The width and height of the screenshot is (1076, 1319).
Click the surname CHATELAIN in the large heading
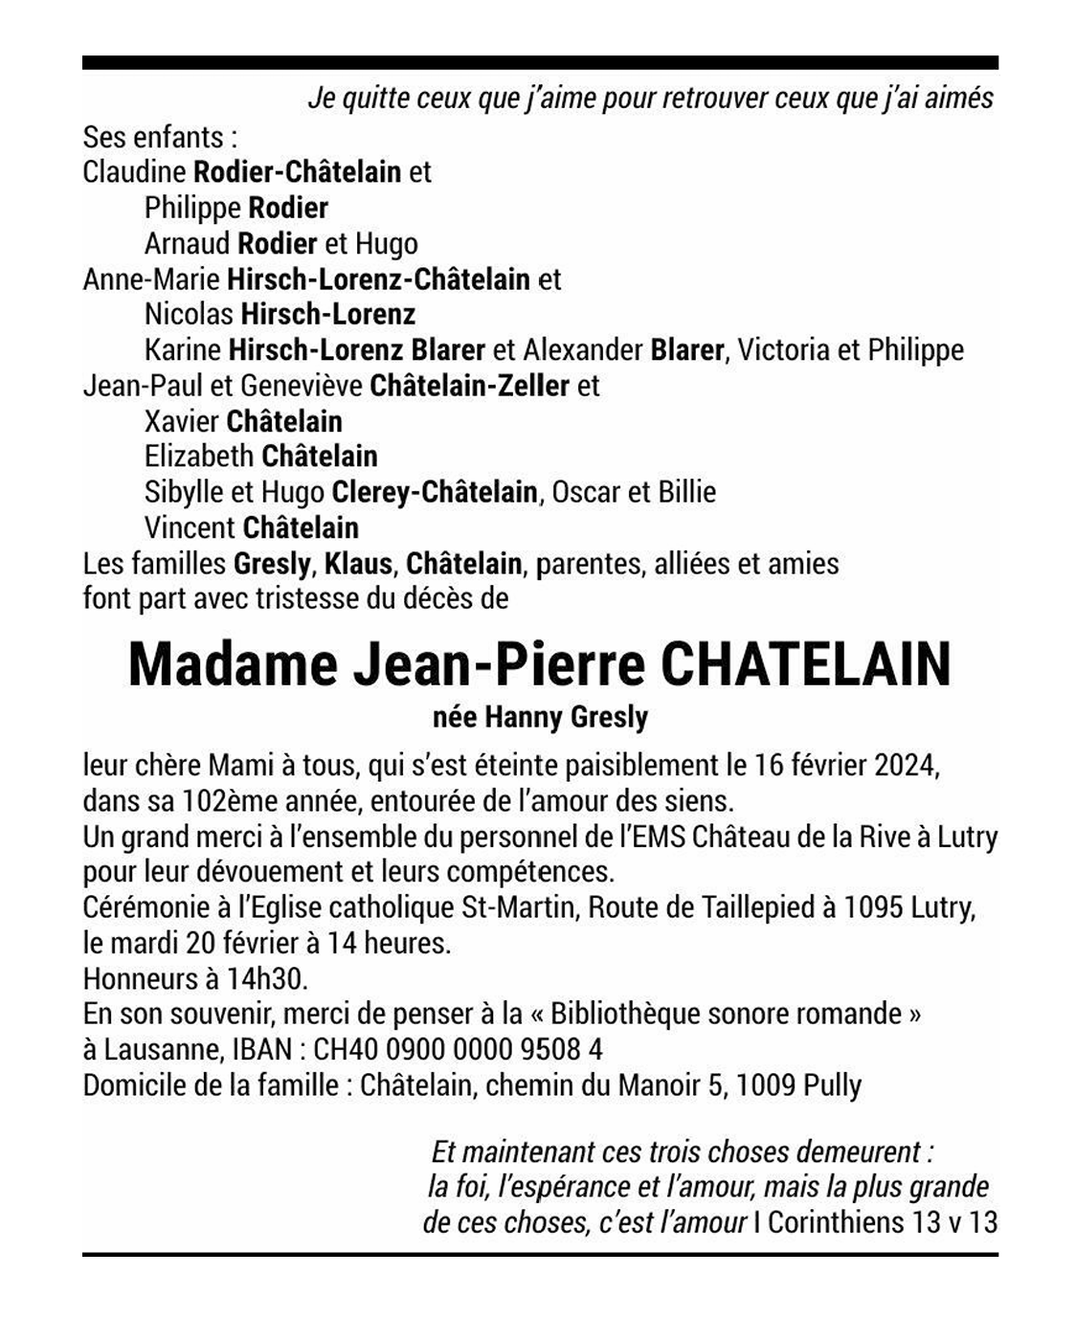[x=805, y=663]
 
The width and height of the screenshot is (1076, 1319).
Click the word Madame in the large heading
[x=233, y=663]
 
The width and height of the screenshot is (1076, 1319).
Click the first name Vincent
[x=190, y=527]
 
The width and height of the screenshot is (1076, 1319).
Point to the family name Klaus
[x=358, y=563]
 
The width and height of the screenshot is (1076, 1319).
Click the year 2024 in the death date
[x=905, y=766]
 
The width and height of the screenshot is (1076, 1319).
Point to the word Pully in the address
[x=832, y=1085]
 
